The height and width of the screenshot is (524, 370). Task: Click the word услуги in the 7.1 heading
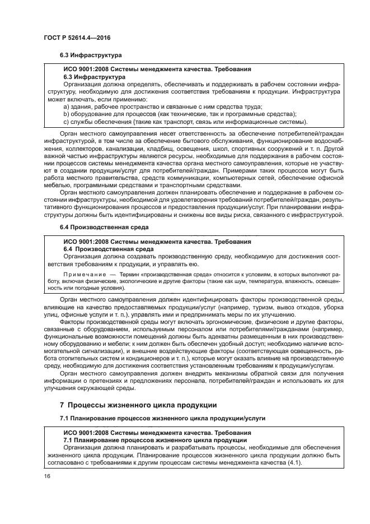click(x=254, y=418)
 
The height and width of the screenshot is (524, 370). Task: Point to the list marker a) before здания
click(x=66, y=106)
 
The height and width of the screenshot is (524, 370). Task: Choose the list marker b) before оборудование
click(x=66, y=114)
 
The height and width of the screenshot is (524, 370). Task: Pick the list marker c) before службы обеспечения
click(x=66, y=122)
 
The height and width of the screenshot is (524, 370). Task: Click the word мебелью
click(x=59, y=186)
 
